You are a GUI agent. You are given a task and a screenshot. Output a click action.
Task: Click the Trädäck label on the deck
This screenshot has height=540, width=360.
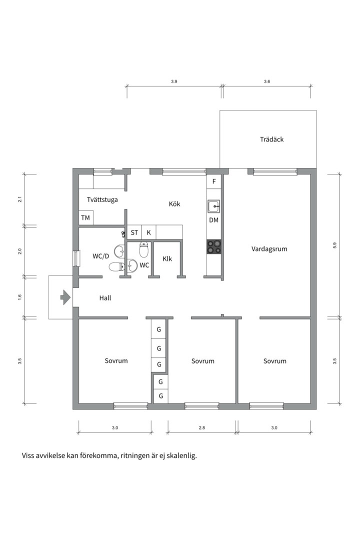coord(272,139)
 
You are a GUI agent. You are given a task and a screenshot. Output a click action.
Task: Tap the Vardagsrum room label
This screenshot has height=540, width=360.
coord(269,249)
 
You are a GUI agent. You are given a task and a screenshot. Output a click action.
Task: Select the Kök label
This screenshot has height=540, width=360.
coord(174,204)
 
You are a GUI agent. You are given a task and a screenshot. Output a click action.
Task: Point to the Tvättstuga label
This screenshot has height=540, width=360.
coord(102,199)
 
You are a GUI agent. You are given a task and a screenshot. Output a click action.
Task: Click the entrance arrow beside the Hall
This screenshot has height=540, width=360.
coord(65,297)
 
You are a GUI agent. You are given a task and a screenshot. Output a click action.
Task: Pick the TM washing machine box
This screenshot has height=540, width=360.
coord(86,217)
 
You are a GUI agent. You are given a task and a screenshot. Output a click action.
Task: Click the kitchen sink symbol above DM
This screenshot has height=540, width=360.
coord(213,206)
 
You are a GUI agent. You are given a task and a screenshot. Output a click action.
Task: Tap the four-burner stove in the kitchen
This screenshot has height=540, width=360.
coord(213,247)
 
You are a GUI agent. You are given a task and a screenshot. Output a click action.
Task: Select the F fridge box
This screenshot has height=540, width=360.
coord(214,181)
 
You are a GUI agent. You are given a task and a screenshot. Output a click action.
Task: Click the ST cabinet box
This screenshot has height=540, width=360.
coord(134,232)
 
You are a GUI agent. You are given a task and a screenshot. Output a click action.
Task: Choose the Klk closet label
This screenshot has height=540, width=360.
coord(167,258)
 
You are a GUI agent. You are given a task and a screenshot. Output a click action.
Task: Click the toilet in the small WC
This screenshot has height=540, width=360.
coord(144,249)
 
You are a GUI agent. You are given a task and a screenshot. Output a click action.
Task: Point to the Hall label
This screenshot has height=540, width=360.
coord(105,298)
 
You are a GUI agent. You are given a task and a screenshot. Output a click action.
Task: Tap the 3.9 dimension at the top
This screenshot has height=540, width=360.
coord(174,81)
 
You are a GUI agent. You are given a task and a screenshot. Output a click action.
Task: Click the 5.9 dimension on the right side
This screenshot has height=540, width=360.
coord(334,245)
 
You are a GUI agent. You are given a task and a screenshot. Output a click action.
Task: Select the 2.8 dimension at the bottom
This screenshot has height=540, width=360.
coord(202,427)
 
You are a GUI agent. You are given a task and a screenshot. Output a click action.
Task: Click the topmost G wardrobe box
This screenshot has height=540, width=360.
coord(159,329)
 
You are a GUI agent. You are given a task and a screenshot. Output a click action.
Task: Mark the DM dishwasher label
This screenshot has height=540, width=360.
coord(213,220)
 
